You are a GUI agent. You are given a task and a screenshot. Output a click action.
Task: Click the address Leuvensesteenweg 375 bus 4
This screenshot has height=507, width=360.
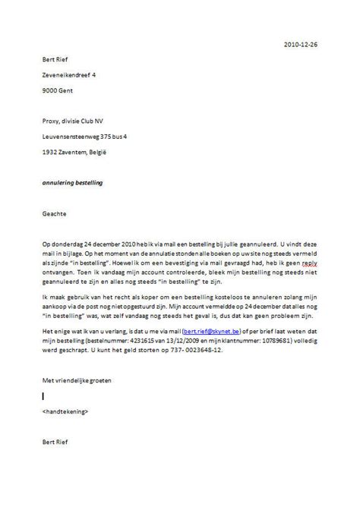[90, 136]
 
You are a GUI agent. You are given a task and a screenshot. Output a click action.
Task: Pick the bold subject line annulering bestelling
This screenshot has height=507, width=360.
[72, 183]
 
